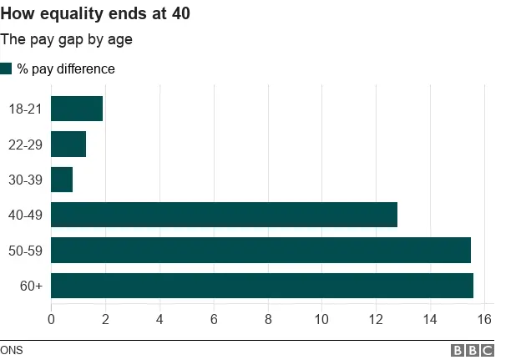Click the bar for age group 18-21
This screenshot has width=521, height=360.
(77, 109)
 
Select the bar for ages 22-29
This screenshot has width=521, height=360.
(68, 144)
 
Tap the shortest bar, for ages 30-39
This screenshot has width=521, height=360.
(62, 180)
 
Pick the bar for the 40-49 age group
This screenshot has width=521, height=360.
(224, 215)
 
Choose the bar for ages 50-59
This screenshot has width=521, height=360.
(260, 251)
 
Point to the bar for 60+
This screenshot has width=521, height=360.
(262, 286)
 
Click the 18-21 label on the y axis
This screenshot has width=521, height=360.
(25, 109)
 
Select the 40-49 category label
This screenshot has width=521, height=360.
(25, 215)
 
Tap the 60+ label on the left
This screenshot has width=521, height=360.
(31, 286)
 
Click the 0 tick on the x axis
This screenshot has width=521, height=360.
(52, 318)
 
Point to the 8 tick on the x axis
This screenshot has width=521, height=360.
(268, 318)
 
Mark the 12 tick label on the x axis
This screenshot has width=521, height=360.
(376, 318)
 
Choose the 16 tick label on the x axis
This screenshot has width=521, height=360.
(484, 318)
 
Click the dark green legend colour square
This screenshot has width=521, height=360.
(6, 68)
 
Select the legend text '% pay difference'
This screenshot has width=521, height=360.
(66, 69)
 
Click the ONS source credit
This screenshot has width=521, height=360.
(12, 350)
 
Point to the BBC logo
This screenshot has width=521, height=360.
(473, 350)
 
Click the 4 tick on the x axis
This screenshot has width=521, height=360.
(159, 318)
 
